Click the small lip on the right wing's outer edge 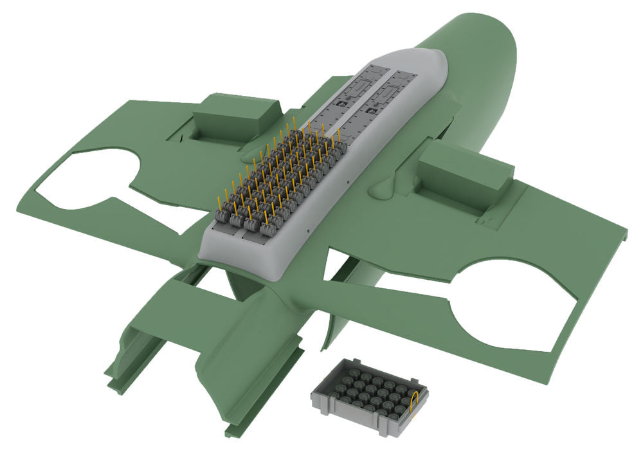coord(622,225)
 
